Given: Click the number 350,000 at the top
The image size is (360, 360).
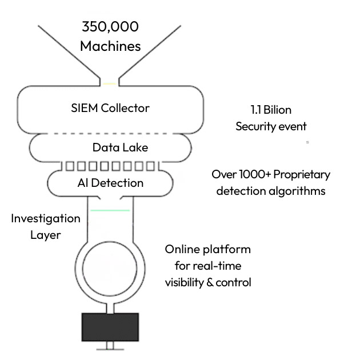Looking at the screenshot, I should click(110, 27).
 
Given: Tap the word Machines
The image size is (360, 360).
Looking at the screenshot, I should click(110, 46).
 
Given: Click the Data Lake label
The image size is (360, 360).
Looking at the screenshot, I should click(120, 147).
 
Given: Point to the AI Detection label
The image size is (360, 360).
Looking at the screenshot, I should click(110, 183).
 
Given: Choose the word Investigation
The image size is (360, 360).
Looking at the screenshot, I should click(46, 218).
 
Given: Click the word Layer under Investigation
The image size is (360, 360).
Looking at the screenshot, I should click(46, 235).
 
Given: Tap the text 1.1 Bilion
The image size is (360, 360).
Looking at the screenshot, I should click(271, 110).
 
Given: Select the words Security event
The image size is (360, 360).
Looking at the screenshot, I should click(271, 126).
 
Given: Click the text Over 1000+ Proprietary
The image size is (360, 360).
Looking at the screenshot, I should click(271, 174).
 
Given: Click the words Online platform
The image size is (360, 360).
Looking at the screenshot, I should click(208, 250).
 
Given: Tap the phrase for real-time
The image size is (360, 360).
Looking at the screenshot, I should click(208, 266).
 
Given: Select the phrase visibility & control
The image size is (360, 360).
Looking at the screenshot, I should click(208, 282).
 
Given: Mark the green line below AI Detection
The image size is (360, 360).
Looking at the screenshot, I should click(110, 211).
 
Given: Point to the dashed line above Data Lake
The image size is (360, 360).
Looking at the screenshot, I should click(110, 133).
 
